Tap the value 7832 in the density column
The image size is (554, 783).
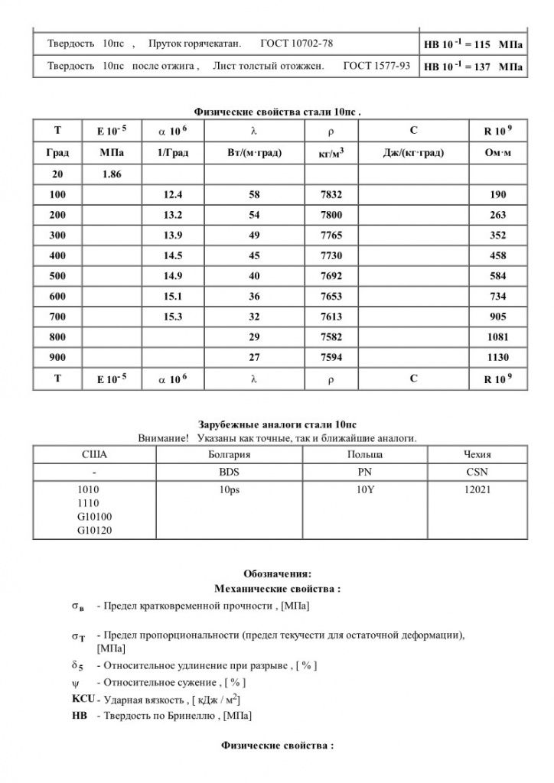[x=331, y=195]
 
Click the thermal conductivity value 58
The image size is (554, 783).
[x=255, y=195]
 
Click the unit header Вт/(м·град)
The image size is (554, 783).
[x=255, y=154]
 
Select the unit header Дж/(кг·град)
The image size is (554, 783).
[x=413, y=154]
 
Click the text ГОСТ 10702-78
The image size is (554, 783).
[x=296, y=44]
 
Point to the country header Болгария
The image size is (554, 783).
[x=229, y=454]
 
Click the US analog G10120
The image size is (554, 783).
[x=95, y=528]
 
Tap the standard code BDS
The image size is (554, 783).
[x=229, y=472]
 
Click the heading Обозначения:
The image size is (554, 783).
[x=277, y=573]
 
